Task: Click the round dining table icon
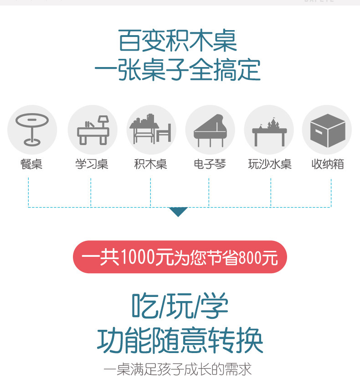point(32,130)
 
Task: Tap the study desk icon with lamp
point(93,130)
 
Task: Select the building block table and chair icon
point(151,130)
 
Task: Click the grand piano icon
point(210,130)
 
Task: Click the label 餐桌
point(31,164)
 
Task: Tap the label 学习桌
point(92,164)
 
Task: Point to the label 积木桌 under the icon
point(150,164)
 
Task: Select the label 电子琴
point(210,164)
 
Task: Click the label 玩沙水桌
point(270,164)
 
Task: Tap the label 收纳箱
point(328,164)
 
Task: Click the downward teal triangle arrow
point(178,212)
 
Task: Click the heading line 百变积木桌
point(178,41)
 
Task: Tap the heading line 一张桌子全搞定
point(178,69)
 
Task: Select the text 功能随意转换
point(180,340)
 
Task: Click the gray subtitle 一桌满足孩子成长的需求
point(178,369)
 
